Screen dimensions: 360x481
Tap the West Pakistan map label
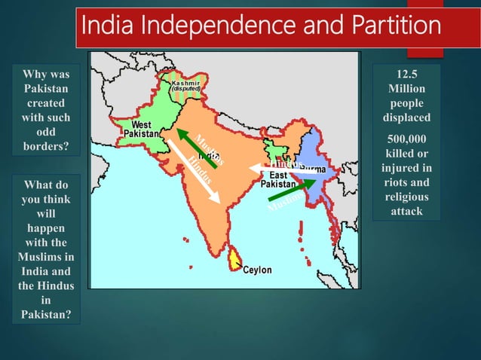141,128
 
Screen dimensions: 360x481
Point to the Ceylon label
257,270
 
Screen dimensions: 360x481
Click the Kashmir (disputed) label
185,85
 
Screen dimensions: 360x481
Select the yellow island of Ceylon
235,260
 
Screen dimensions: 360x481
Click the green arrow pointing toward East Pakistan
291,189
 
